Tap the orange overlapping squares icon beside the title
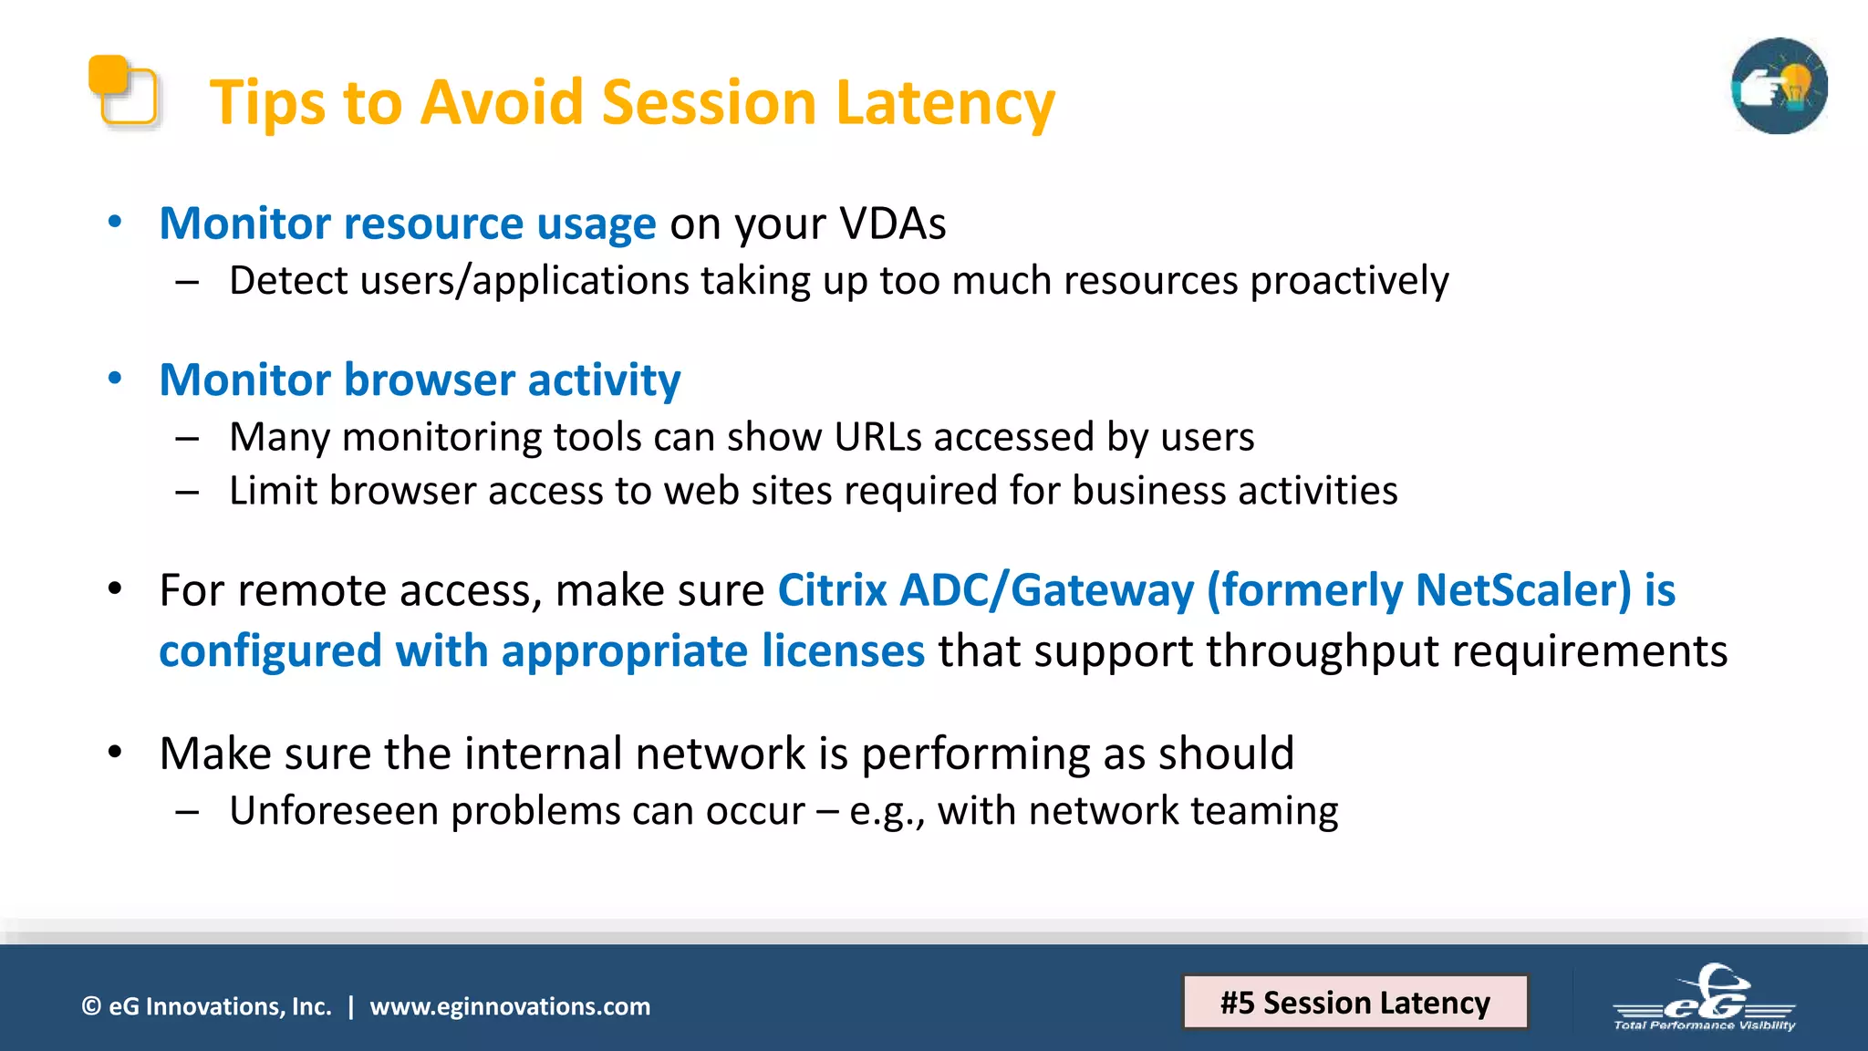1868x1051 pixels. click(x=123, y=90)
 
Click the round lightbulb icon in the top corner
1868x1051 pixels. click(x=1779, y=87)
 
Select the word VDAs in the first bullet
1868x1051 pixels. click(x=892, y=224)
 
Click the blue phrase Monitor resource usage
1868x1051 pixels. click(x=407, y=224)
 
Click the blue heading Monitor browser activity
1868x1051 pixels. click(x=420, y=380)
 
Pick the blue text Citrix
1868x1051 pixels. click(x=831, y=590)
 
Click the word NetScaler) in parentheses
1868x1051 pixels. click(x=1522, y=590)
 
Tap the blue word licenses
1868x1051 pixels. click(x=843, y=651)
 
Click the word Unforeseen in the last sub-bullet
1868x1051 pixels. click(x=333, y=811)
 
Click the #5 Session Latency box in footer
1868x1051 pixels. click(x=1354, y=1003)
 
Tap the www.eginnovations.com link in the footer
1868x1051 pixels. click(x=510, y=1006)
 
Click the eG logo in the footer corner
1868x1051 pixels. click(x=1704, y=999)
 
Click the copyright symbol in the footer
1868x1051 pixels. click(x=90, y=1006)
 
